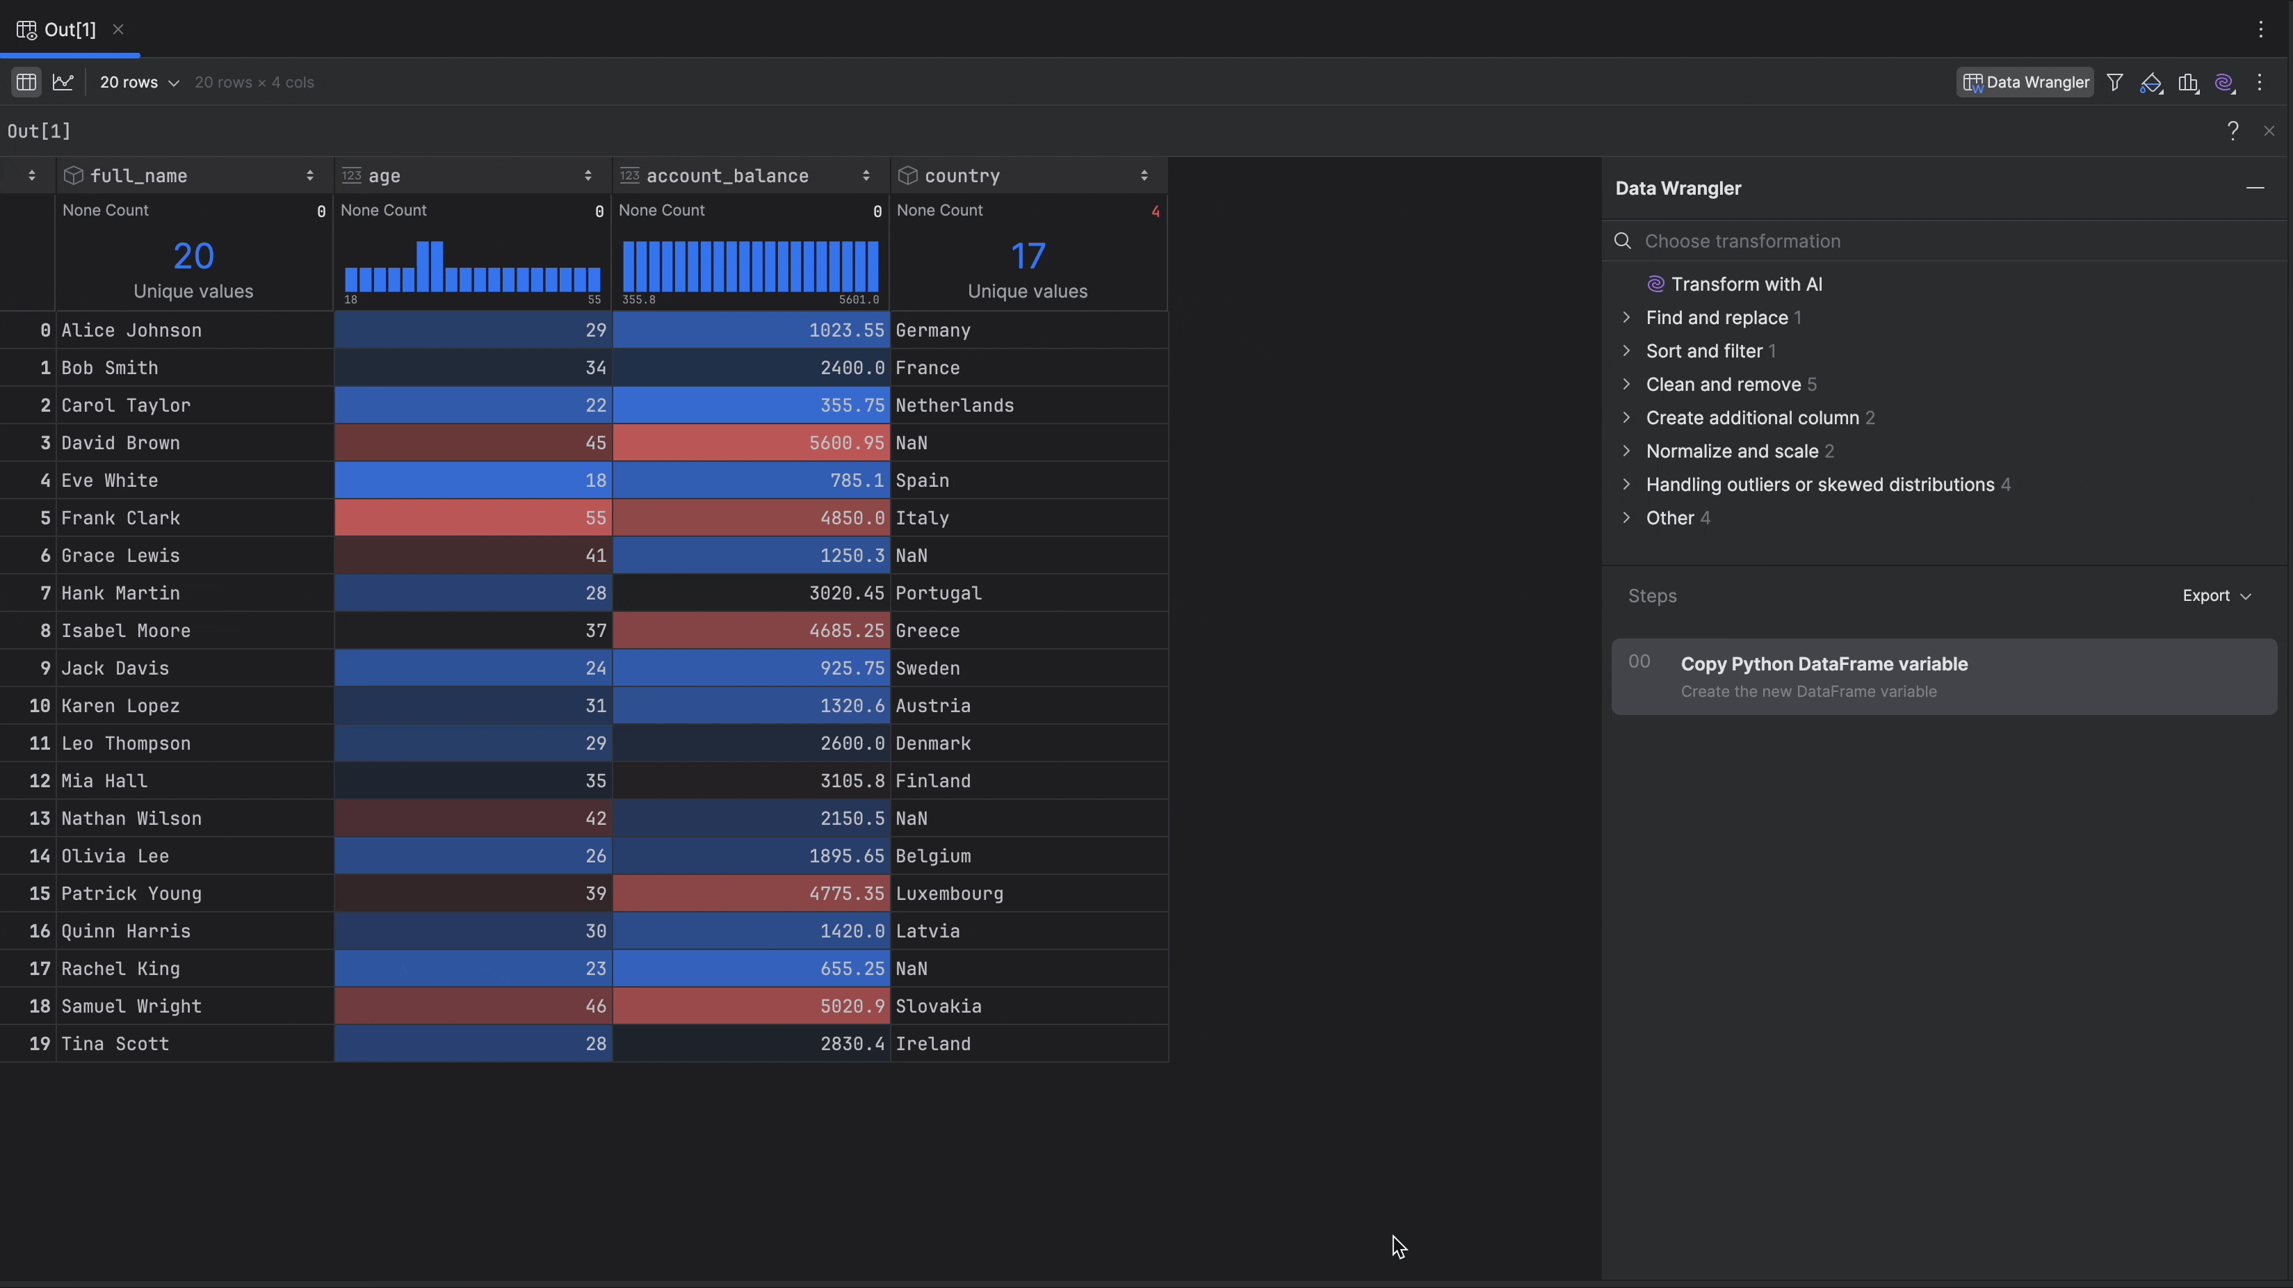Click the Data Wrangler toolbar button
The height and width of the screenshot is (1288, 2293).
point(2025,82)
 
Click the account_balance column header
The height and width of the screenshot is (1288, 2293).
point(727,175)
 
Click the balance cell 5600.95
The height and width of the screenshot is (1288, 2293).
point(845,443)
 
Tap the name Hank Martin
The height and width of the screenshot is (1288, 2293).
point(120,593)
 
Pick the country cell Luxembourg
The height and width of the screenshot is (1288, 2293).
point(949,894)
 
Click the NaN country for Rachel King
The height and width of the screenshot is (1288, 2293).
point(911,969)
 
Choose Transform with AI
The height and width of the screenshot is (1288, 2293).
point(1746,284)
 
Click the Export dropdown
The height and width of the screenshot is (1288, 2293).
point(2216,595)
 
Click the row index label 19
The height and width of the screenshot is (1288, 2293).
point(39,1043)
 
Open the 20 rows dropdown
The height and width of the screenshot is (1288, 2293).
point(139,82)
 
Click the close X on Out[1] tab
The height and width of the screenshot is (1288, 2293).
point(118,29)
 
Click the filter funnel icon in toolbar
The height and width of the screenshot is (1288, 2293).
point(2115,83)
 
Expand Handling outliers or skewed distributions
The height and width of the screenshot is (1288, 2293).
point(1820,484)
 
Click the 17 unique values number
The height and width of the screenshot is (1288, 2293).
point(1027,257)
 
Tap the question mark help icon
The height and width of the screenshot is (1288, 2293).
point(2233,131)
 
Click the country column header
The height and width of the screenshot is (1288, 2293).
point(962,175)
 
